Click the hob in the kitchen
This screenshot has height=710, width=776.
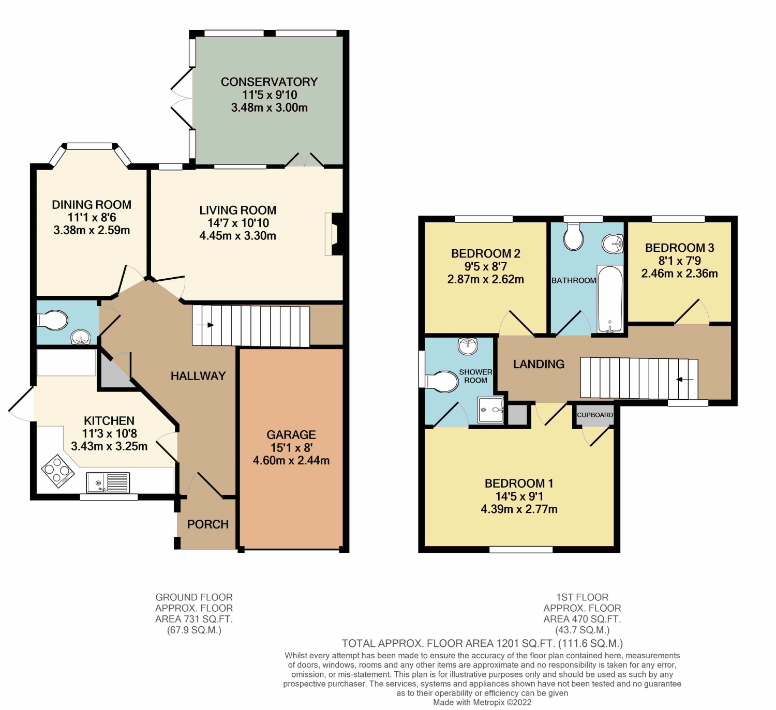[x=57, y=470]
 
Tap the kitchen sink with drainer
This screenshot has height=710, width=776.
[x=108, y=483]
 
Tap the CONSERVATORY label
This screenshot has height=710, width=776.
[x=269, y=82]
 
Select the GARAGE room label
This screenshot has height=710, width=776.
[x=291, y=435]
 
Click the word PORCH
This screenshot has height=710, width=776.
[x=207, y=524]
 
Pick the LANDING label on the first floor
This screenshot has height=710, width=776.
[x=539, y=364]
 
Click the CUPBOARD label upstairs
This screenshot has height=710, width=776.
[x=595, y=415]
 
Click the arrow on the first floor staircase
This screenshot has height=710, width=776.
[x=685, y=380]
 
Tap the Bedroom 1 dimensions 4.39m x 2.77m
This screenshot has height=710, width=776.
[x=519, y=509]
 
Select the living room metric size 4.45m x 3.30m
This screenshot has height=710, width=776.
[x=237, y=236]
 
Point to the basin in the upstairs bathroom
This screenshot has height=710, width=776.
[x=613, y=243]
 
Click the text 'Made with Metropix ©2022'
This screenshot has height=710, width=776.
[x=482, y=702]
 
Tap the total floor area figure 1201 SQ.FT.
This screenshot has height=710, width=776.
[x=525, y=644]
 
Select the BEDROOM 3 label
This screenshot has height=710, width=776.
[x=679, y=248]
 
